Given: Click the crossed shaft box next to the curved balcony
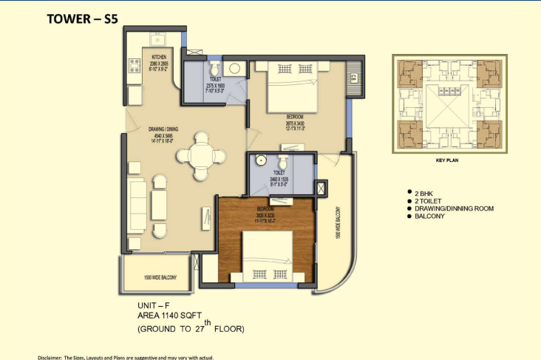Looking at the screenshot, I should click(321, 188).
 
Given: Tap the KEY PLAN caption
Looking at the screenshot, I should click(449, 158).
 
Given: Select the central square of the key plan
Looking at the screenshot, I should click(450, 103).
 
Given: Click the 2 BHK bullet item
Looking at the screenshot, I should click(424, 191).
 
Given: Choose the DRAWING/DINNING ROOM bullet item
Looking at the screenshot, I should click(453, 208).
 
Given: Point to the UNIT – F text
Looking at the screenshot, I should click(154, 305).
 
